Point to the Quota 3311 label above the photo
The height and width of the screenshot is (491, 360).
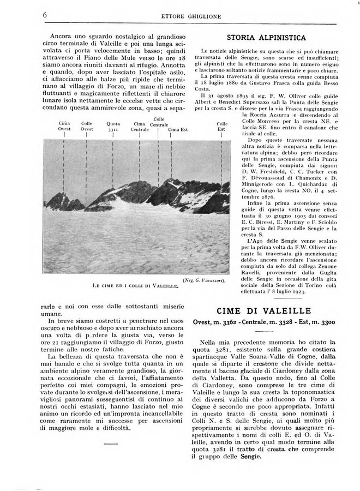pos(113,127)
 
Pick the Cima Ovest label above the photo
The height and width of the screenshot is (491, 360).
pos(65,127)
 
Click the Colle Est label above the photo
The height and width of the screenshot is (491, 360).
pos(222,127)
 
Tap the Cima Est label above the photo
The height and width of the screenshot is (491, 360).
pos(177,129)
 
